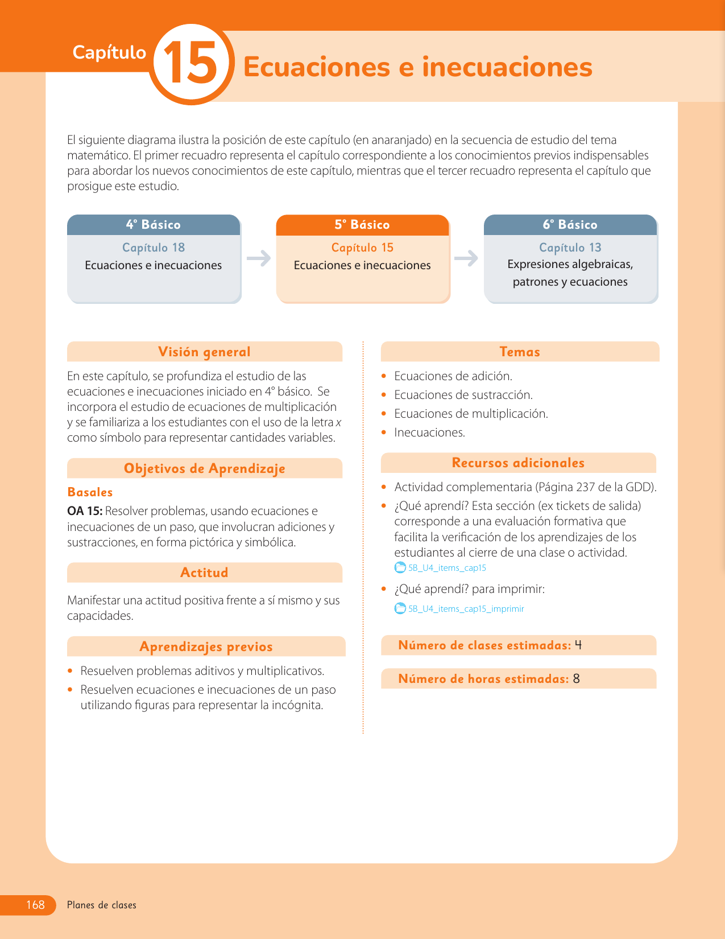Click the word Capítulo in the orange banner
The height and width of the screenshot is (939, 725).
point(109,52)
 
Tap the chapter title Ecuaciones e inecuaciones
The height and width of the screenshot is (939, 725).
point(417,67)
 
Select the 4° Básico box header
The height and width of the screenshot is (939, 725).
point(154,225)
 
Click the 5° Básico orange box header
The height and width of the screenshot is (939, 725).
point(362,225)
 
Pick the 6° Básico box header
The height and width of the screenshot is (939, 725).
point(570,225)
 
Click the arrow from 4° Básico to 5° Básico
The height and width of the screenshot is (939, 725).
point(259,258)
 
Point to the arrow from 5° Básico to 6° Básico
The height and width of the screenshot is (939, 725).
point(466,258)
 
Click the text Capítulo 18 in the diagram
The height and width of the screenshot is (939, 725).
point(154,248)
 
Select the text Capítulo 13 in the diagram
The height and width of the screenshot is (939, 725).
point(570,248)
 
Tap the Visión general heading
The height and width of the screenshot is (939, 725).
point(204,352)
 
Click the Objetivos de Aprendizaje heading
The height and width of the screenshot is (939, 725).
point(204,468)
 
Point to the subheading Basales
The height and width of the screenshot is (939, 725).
point(90,492)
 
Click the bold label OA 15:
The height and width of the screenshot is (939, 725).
point(85,511)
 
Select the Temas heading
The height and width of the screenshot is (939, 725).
point(519,352)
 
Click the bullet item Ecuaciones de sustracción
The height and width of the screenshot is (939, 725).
point(463,395)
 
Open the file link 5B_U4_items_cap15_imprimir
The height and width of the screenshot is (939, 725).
point(466,609)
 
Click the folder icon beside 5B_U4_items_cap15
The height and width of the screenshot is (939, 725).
point(400,568)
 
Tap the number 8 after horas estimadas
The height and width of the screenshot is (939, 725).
point(577,679)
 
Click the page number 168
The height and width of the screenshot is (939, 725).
point(35,905)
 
